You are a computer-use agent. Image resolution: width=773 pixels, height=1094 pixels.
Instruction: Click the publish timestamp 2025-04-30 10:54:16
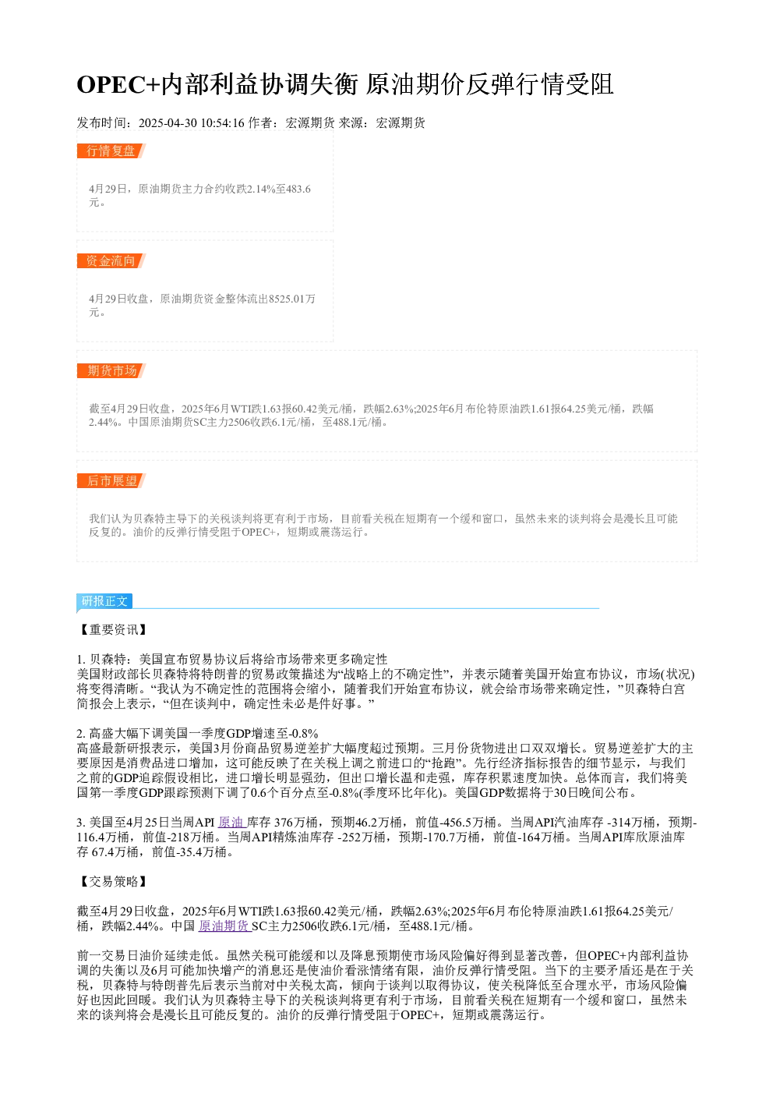[x=191, y=123]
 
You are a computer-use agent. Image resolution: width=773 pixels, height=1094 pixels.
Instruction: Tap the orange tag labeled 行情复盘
[x=111, y=151]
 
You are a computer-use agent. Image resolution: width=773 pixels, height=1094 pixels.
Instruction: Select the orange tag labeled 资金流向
[x=111, y=260]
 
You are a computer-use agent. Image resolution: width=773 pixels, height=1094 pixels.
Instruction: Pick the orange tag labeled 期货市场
[x=111, y=370]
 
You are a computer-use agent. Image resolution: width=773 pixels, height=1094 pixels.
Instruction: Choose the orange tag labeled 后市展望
[x=111, y=480]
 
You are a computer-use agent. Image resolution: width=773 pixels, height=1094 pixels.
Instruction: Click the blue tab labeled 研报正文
[x=104, y=600]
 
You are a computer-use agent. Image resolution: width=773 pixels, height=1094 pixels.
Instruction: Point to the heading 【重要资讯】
[x=113, y=629]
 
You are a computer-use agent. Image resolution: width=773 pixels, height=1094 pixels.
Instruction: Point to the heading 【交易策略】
[x=113, y=882]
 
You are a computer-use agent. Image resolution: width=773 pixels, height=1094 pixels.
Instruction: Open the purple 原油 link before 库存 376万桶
[x=231, y=823]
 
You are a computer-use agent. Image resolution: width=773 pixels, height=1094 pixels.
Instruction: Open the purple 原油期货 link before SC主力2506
[x=224, y=926]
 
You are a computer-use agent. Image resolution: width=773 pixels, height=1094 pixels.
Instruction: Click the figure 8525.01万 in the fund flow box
[x=292, y=299]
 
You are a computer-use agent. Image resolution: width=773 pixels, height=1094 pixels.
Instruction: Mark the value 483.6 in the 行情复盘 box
[x=298, y=189]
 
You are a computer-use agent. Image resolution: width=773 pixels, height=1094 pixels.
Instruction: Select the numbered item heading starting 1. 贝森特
[x=232, y=660]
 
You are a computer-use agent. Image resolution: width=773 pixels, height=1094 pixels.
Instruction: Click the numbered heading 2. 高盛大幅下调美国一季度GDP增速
[x=198, y=734]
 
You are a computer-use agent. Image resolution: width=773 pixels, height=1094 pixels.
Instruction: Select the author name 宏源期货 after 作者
[x=310, y=123]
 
